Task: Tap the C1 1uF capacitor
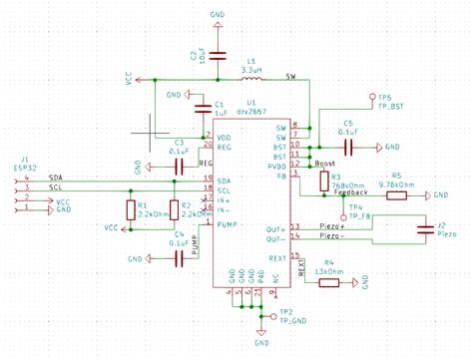[195, 106]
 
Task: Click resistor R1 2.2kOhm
[131, 209]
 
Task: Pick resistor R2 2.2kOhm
[172, 209]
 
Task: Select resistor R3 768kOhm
[323, 180]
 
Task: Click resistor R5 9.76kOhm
[396, 195]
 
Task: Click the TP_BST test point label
[391, 105]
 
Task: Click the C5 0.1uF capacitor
[347, 146]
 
